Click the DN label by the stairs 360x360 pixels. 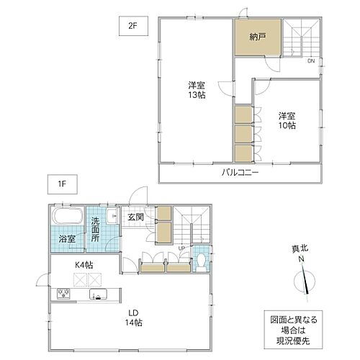pos(311,61)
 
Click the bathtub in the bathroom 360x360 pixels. pos(68,218)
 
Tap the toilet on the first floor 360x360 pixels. pos(202,257)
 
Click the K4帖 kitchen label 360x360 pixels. pos(84,266)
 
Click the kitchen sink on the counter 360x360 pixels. pos(96,294)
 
